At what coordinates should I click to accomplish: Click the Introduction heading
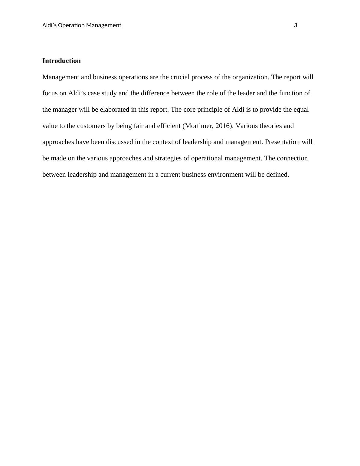click(x=61, y=61)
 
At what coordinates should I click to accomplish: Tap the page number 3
click(x=296, y=25)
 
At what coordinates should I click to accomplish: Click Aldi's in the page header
click(x=49, y=25)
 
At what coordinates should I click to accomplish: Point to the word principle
click(x=210, y=110)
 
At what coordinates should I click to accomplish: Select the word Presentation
click(x=284, y=142)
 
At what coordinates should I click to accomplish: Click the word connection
click(x=292, y=159)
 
